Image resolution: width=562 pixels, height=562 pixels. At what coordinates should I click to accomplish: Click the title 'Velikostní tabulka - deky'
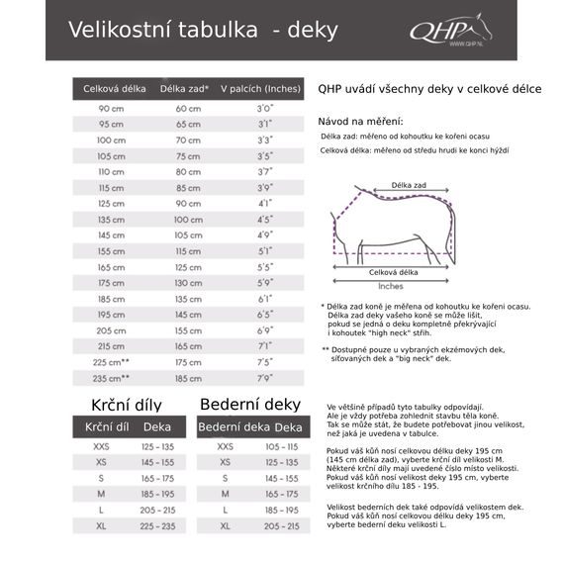[x=188, y=30]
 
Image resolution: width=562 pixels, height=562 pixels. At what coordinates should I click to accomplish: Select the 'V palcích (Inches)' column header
[x=259, y=89]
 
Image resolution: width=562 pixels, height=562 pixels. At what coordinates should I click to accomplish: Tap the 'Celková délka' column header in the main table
[x=111, y=89]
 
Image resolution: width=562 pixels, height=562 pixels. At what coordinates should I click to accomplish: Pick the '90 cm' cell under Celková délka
[x=111, y=108]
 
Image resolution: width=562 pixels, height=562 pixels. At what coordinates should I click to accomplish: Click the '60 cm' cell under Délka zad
[x=188, y=108]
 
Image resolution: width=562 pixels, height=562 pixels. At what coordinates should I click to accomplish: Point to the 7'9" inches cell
[x=265, y=378]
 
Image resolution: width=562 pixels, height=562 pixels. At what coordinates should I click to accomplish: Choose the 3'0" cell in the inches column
[x=265, y=108]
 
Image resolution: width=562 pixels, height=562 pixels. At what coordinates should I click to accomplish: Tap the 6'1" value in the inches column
[x=265, y=299]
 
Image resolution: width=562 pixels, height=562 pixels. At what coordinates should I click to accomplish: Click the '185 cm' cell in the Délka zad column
[x=188, y=378]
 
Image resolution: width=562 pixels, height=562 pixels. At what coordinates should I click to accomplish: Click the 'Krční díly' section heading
[x=126, y=405]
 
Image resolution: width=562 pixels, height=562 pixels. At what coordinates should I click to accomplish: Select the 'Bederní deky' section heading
[x=250, y=404]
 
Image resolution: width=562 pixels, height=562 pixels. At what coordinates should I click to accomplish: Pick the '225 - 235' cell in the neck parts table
[x=157, y=525]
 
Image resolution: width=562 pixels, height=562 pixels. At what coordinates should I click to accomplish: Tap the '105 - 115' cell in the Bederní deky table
[x=282, y=446]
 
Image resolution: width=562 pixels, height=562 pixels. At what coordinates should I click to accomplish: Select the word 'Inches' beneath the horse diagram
[x=391, y=284]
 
